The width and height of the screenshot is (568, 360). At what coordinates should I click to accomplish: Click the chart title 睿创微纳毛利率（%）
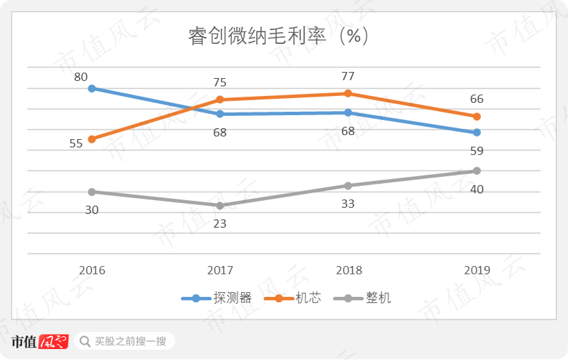(279, 36)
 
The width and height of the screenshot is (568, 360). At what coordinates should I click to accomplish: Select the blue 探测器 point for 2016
(92, 88)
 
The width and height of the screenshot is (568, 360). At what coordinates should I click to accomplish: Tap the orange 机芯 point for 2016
(92, 139)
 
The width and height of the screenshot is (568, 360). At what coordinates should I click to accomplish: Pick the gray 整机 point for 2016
(92, 191)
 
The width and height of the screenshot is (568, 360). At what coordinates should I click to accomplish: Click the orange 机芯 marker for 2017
(220, 99)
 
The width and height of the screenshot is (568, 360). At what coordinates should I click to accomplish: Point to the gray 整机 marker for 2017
(220, 206)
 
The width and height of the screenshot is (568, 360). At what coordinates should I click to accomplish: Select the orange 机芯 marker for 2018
(348, 93)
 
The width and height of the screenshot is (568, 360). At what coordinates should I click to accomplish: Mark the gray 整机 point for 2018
(348, 185)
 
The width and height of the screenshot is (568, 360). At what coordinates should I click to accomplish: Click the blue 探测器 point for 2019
(477, 132)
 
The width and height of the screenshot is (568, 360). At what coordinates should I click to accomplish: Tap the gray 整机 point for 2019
(477, 171)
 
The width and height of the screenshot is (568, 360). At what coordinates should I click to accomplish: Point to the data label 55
(76, 143)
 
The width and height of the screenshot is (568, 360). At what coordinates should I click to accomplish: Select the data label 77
(348, 76)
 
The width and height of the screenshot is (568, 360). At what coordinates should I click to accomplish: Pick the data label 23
(220, 224)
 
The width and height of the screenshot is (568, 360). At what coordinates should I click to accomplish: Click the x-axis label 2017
(220, 270)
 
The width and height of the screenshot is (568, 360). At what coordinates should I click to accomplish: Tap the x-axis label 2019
(477, 270)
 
